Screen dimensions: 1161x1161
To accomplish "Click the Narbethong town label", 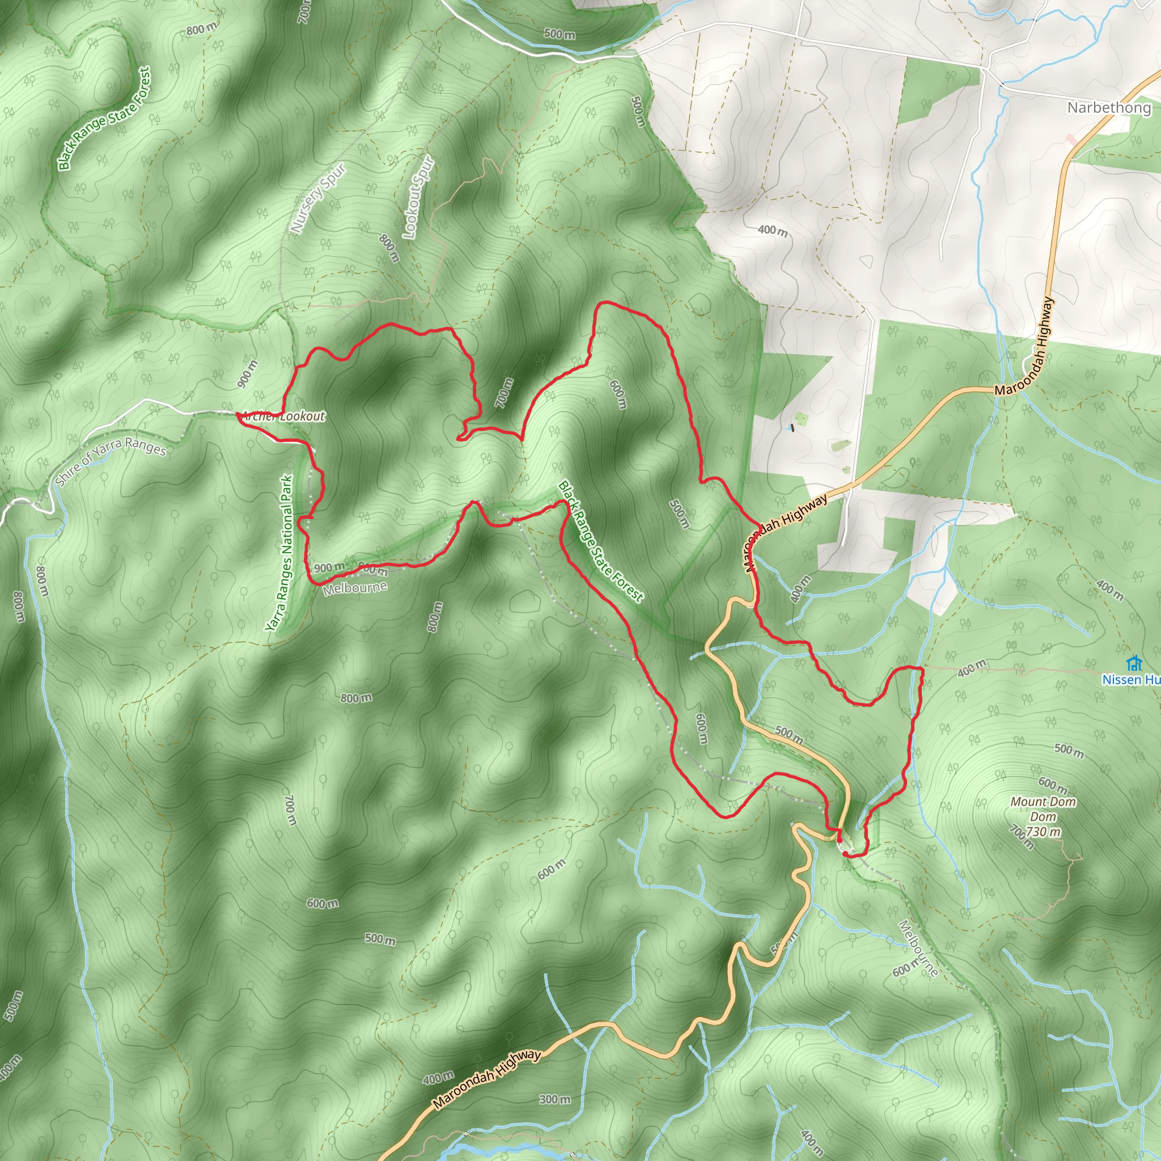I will (x=1109, y=108).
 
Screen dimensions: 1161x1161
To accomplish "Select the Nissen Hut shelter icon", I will (x=1134, y=663).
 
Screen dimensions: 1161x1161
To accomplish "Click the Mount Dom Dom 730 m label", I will (x=1043, y=816).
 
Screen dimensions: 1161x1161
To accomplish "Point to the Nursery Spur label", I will (x=318, y=198).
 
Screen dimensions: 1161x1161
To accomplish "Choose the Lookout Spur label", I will (x=418, y=197).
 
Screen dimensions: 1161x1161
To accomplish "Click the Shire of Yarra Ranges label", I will (x=111, y=461).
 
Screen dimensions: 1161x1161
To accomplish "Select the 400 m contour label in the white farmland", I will (x=773, y=230).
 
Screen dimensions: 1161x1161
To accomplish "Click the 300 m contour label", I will (x=554, y=1099).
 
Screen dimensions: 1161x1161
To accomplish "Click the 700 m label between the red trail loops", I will (x=505, y=392).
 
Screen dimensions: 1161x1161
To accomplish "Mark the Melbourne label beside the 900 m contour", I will (x=354, y=587).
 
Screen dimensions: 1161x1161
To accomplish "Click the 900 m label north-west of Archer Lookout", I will (x=247, y=374).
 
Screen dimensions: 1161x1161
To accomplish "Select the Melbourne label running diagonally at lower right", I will (x=918, y=948).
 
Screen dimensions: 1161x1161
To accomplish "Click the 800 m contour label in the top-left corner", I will (x=201, y=28).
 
